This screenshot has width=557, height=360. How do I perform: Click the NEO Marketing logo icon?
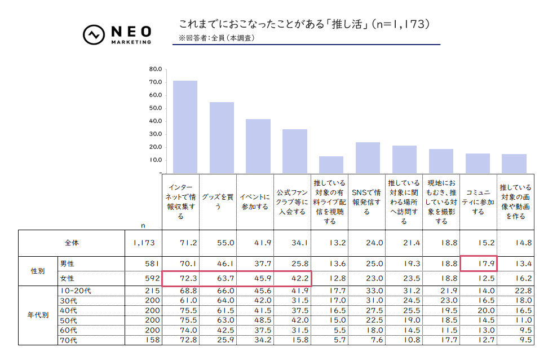click(92, 35)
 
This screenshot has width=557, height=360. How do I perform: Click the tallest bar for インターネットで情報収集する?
click(185, 126)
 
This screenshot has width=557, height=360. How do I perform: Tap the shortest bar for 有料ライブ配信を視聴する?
click(331, 164)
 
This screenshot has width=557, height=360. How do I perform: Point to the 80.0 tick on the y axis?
click(155, 69)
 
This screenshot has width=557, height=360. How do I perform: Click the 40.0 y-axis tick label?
click(155, 121)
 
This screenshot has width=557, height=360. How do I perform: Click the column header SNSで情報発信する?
click(366, 202)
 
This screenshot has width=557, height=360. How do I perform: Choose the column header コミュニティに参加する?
click(478, 202)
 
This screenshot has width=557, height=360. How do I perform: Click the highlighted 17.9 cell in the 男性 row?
click(478, 263)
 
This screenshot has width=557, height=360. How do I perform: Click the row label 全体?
click(72, 243)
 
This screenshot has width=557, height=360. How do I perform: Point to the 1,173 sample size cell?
click(144, 243)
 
